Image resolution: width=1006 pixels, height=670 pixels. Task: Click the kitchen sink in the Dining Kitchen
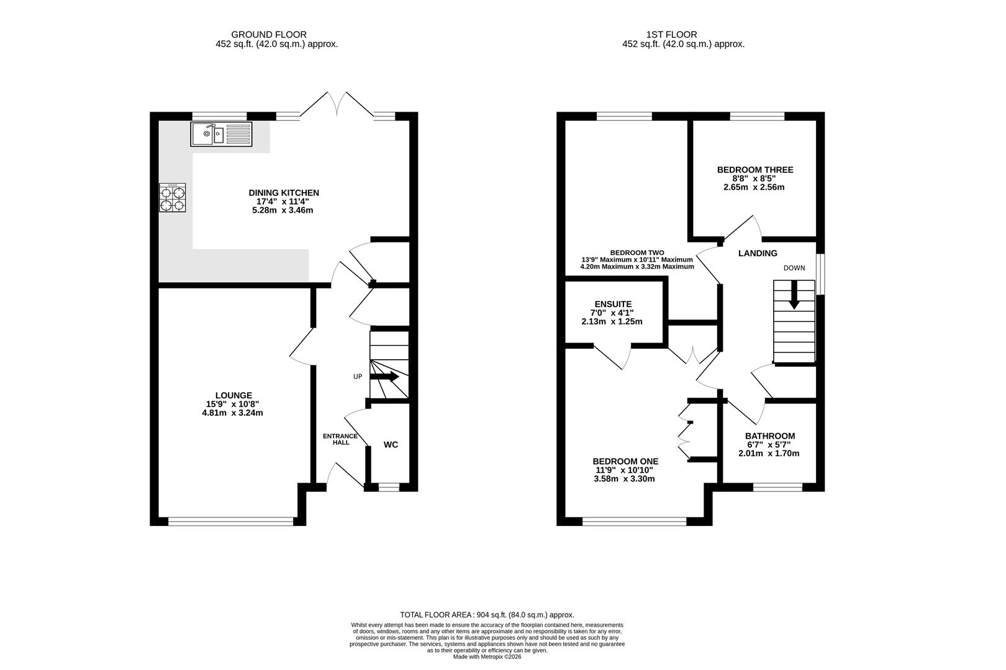pyautogui.click(x=221, y=134)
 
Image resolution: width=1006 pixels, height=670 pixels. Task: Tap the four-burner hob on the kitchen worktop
pyautogui.click(x=173, y=197)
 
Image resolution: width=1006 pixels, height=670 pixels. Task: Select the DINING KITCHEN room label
pyautogui.click(x=284, y=192)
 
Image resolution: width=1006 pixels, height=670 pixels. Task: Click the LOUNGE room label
pyautogui.click(x=233, y=395)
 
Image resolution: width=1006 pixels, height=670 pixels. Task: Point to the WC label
pyautogui.click(x=391, y=445)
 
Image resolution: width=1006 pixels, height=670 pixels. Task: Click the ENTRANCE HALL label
pyautogui.click(x=340, y=439)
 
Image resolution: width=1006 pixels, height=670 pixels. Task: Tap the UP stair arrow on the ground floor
pyautogui.click(x=384, y=377)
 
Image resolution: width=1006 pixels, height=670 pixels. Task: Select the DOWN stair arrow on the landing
pyautogui.click(x=794, y=295)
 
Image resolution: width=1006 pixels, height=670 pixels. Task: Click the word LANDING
pyautogui.click(x=758, y=253)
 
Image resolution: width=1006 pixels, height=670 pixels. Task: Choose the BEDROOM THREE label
pyautogui.click(x=755, y=169)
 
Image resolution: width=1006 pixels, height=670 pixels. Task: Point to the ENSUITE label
pyautogui.click(x=613, y=304)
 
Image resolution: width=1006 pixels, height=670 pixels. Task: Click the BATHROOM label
pyautogui.click(x=770, y=435)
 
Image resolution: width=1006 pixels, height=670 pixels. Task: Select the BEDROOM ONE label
pyautogui.click(x=625, y=462)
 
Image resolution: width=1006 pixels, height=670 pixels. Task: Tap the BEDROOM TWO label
pyautogui.click(x=637, y=252)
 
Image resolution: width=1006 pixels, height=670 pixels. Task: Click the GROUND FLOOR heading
pyautogui.click(x=268, y=35)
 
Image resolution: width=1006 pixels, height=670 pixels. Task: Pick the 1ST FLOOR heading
pyautogui.click(x=671, y=35)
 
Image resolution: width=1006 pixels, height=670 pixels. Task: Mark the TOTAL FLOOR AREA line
pyautogui.click(x=487, y=615)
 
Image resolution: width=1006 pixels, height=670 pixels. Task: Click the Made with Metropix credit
pyautogui.click(x=487, y=656)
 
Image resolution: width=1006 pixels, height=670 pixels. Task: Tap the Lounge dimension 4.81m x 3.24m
pyautogui.click(x=232, y=413)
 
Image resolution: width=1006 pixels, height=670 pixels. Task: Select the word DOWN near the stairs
pyautogui.click(x=794, y=268)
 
